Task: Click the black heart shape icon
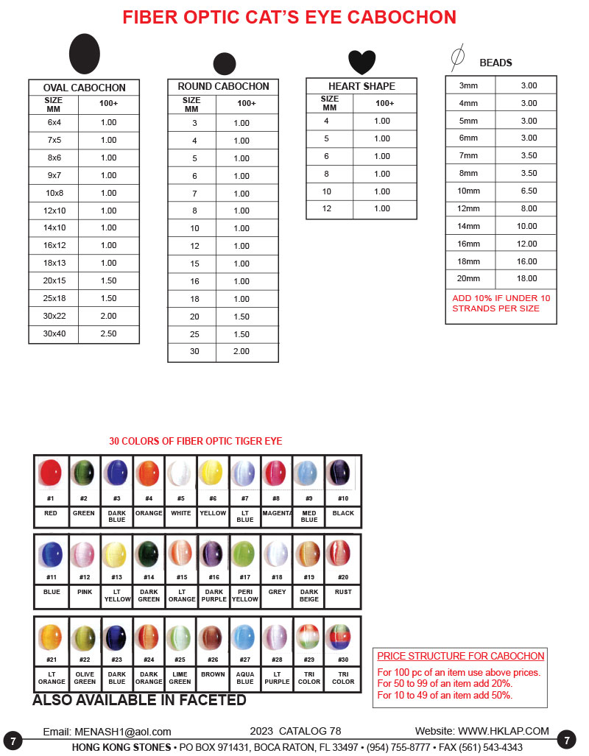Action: [361, 62]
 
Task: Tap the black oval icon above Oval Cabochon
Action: [85, 54]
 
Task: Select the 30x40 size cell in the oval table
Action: [54, 334]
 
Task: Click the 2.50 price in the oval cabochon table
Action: [108, 334]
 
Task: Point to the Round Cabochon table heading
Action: [223, 86]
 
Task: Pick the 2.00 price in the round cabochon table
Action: [241, 352]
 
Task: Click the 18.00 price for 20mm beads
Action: [528, 278]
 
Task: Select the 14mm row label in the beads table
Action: [469, 226]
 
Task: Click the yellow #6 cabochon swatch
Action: [212, 473]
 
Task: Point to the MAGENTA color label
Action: [277, 513]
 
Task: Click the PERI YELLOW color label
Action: [245, 596]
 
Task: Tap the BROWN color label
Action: [213, 674]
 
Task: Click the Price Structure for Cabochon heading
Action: [460, 656]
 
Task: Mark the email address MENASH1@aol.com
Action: [122, 732]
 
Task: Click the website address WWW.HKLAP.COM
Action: [504, 731]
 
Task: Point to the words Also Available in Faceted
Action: [139, 700]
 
